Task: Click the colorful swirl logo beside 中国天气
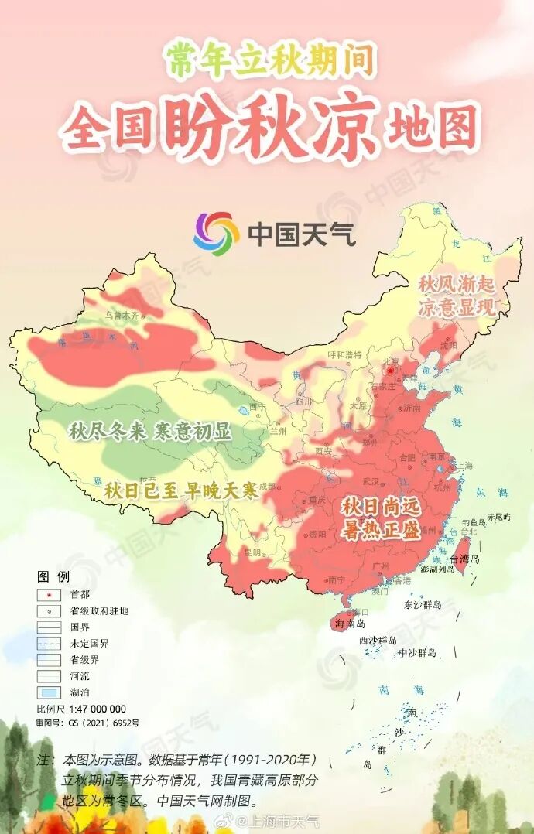click(x=216, y=231)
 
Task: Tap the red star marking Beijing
click(x=392, y=371)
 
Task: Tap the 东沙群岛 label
click(x=423, y=604)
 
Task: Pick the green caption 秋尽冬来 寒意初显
click(x=149, y=432)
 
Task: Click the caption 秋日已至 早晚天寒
click(x=180, y=490)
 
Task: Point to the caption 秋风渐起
click(x=456, y=284)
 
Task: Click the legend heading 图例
click(x=53, y=576)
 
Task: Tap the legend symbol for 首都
click(x=49, y=594)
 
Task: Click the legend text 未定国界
click(x=89, y=644)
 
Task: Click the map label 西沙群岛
click(x=378, y=641)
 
